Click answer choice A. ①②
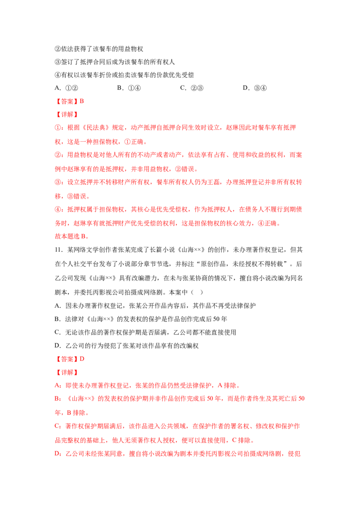66,88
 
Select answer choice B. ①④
129,88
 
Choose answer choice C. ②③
192,88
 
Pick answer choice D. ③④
255,88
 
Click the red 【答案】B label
69,101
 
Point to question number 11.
58,250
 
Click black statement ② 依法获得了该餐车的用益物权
99,49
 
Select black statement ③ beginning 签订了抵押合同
115,62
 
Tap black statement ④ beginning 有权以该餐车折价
124,75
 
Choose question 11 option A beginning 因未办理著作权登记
155,306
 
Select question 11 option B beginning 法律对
141,319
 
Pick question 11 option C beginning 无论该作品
145,332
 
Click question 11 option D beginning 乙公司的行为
127,346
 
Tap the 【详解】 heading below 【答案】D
67,372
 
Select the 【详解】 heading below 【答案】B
67,114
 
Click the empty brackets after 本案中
197,292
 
